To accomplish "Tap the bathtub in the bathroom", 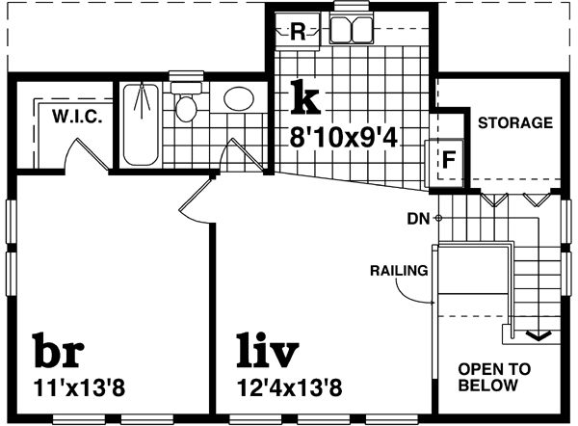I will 144,123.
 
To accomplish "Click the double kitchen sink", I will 349,29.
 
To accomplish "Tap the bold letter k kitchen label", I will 304,97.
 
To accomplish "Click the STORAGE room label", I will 515,122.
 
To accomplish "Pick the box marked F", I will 447,161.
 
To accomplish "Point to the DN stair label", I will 418,218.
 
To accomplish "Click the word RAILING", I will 398,270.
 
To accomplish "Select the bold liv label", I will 268,354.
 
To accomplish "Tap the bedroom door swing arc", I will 192,200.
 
